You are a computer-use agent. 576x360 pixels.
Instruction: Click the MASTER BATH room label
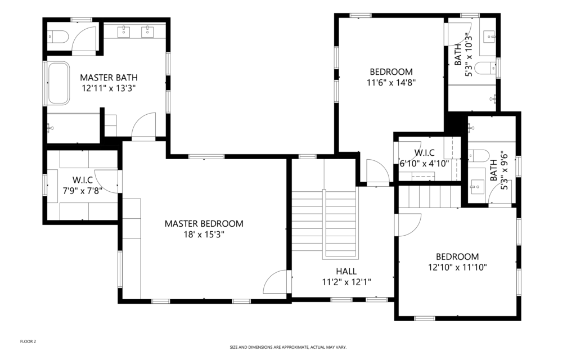[109, 78]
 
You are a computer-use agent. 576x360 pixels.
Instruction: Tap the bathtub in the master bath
[58, 83]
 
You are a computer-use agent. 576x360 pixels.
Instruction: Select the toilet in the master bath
[58, 37]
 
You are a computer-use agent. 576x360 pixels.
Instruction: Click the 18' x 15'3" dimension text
[204, 235]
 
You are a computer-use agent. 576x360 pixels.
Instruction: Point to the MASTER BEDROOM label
[204, 223]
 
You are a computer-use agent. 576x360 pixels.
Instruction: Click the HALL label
[346, 271]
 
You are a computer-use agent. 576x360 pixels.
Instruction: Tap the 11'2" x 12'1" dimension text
[346, 282]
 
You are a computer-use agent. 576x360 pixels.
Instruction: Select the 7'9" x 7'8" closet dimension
[82, 191]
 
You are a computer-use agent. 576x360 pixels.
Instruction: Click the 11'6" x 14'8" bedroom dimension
[391, 82]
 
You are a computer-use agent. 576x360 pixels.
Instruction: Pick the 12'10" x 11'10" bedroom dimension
[457, 267]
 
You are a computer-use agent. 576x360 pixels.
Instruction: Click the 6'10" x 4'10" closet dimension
[424, 164]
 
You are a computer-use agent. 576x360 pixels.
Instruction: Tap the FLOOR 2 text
[28, 341]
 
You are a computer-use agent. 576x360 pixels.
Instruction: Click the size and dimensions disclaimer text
[288, 347]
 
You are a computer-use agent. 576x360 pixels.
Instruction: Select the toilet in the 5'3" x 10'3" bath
[485, 67]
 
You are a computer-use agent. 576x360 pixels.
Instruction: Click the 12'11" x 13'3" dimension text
[109, 88]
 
